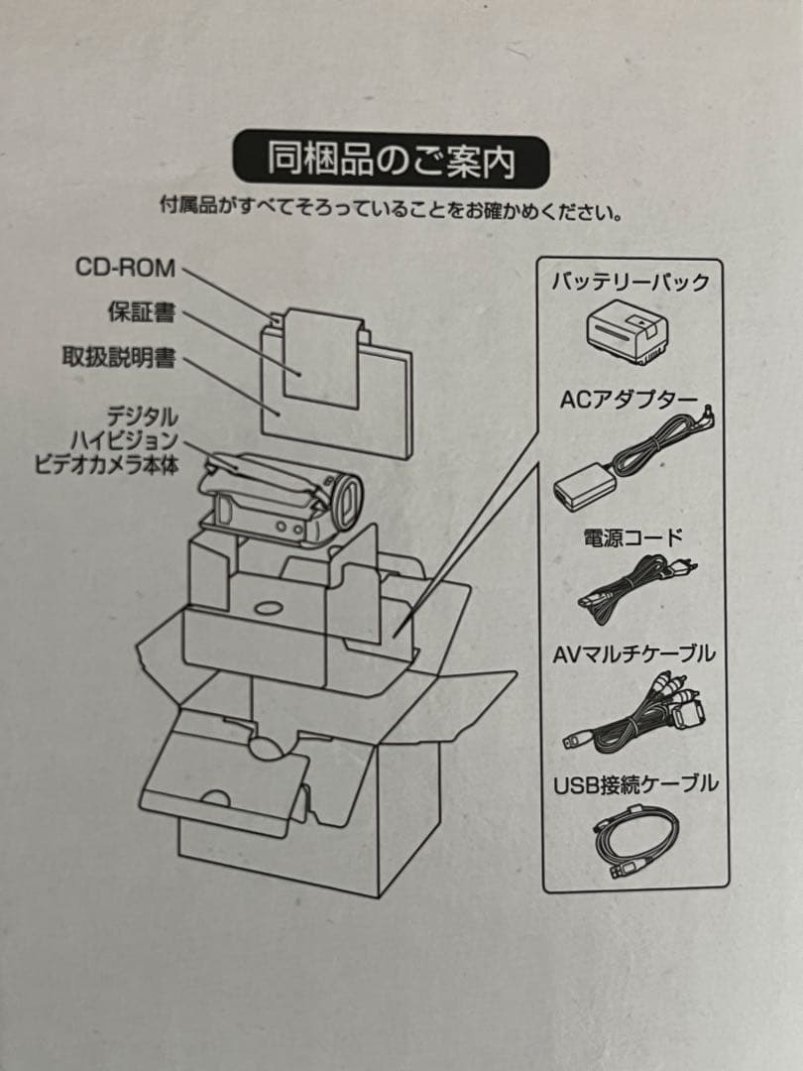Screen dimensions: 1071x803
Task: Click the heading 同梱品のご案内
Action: click(x=391, y=160)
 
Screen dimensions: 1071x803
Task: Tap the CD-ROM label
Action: click(x=125, y=267)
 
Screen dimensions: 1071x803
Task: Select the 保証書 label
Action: click(x=141, y=312)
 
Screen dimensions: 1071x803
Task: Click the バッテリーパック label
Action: click(x=631, y=282)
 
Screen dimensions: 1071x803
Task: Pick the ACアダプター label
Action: click(x=630, y=399)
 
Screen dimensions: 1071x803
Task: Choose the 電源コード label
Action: click(x=631, y=538)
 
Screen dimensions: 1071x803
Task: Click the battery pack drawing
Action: click(x=628, y=331)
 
